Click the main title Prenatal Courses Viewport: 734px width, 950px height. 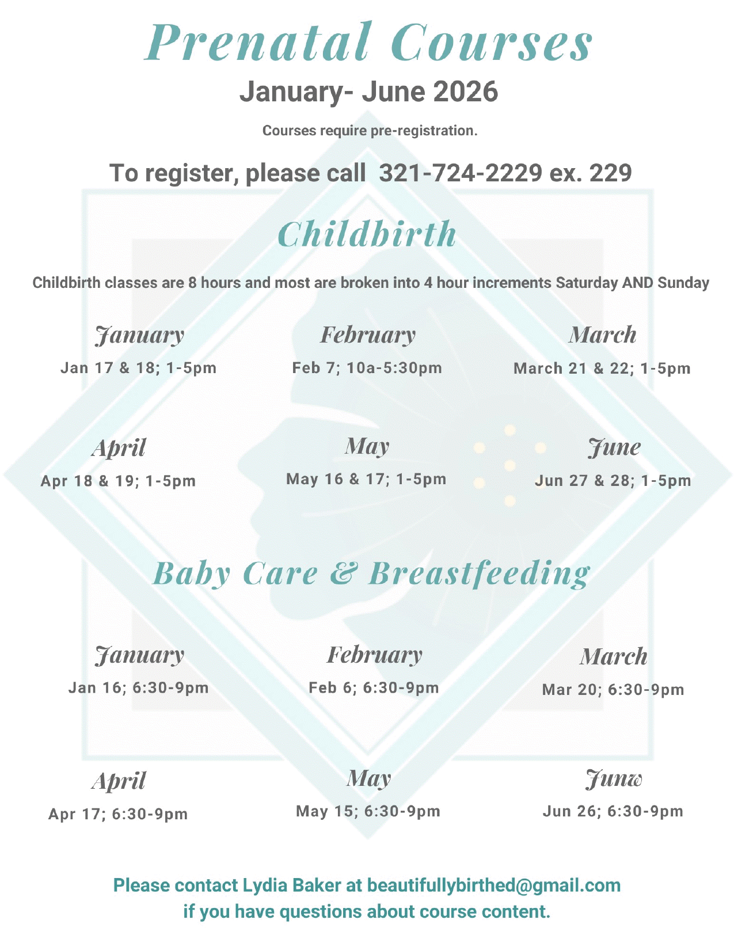[x=368, y=43]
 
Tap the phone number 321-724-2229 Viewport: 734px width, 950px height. [x=460, y=173]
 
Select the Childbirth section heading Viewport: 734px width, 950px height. [x=367, y=234]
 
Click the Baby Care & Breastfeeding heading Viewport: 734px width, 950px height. [x=371, y=573]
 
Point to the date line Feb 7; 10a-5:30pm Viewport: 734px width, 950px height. [x=367, y=368]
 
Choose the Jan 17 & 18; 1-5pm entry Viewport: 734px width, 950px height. [x=138, y=368]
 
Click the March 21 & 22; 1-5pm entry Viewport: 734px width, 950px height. [x=602, y=368]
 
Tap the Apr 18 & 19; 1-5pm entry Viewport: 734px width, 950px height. [x=118, y=481]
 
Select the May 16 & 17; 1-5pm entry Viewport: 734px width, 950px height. [x=366, y=479]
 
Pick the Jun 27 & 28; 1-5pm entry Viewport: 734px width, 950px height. [x=613, y=481]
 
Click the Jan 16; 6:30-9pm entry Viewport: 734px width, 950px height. [x=138, y=688]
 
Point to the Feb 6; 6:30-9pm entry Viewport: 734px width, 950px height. [x=374, y=688]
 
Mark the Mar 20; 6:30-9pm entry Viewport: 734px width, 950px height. [x=613, y=690]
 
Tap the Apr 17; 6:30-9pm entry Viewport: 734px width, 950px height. [x=118, y=814]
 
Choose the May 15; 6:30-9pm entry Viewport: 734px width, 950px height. [x=368, y=812]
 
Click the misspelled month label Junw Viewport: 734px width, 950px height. [x=614, y=779]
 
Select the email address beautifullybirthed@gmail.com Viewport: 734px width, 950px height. [x=494, y=885]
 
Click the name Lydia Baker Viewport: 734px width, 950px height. [x=291, y=885]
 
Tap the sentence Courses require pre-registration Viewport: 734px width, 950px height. [x=370, y=131]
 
